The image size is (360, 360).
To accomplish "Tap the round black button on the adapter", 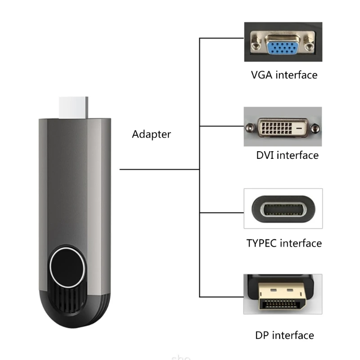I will (68, 265).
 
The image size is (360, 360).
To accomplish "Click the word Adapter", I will (151, 134).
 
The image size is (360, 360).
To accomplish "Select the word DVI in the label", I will (265, 156).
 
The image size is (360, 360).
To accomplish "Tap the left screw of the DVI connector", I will (249, 127).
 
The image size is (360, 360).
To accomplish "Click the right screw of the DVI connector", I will (315, 127).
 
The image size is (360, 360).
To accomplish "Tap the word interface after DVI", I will (297, 156).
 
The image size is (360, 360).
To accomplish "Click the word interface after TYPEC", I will (301, 243).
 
